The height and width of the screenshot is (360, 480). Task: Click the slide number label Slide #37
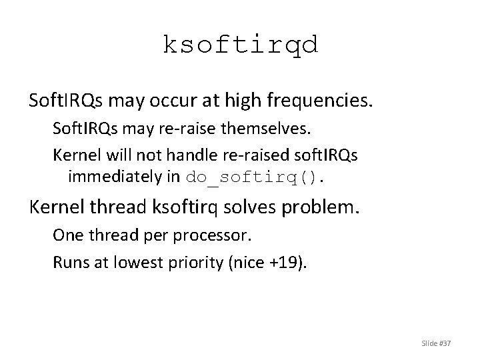(437, 343)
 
